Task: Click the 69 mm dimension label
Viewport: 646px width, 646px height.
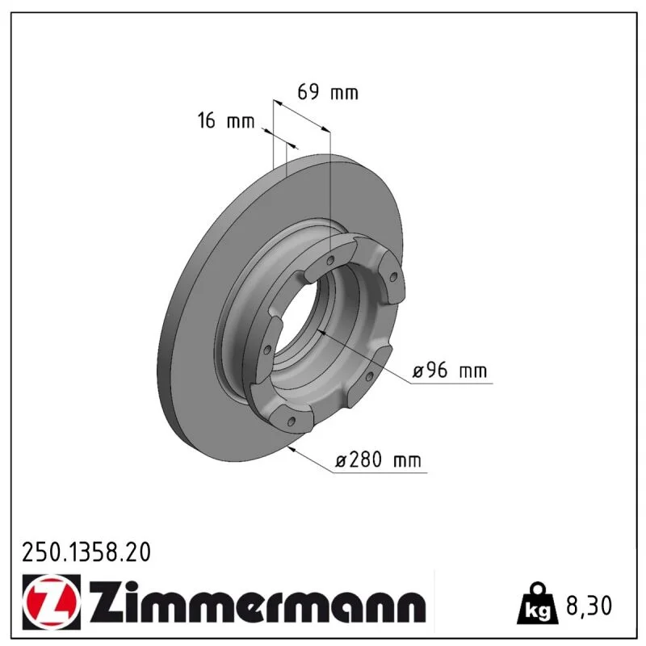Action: click(328, 92)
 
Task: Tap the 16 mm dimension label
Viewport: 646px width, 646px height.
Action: click(226, 120)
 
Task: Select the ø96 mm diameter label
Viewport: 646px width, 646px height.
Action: click(450, 370)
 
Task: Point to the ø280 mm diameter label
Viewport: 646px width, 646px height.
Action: click(378, 459)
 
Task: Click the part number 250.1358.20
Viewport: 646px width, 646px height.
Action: click(86, 552)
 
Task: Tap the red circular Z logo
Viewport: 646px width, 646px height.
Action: click(50, 601)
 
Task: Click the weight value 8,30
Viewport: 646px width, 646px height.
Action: click(589, 605)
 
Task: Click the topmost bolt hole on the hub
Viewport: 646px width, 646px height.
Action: click(330, 260)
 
